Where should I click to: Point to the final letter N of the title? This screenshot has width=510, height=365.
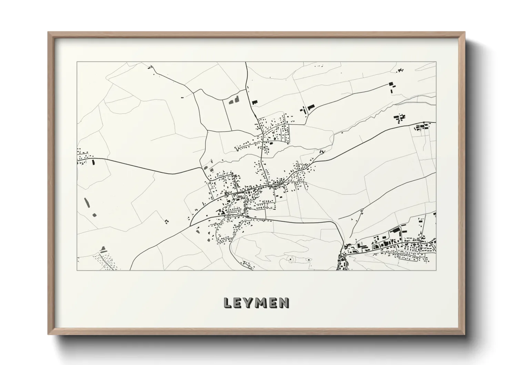pos(284,303)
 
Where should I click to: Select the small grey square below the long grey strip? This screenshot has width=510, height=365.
pos(94,215)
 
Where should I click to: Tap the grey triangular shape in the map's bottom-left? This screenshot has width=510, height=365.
pos(102,248)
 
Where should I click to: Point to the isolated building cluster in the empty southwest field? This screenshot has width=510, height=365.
pos(167,221)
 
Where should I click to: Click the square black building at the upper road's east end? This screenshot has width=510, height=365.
pos(390,83)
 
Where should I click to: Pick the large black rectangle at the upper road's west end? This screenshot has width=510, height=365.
pos(311,107)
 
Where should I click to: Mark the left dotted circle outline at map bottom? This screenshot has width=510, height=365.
pos(290,258)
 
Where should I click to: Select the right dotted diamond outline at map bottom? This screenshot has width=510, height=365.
pos(308,259)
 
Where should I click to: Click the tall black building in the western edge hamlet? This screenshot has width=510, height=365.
pos(93,162)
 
